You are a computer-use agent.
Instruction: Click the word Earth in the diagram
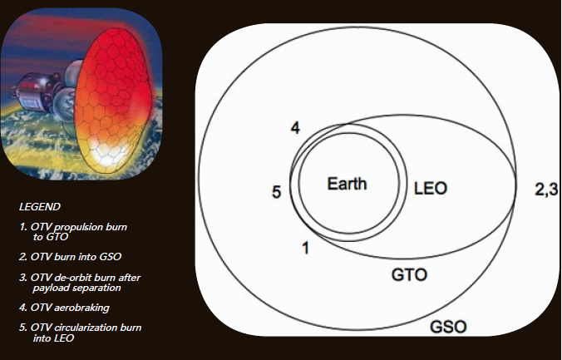[x=347, y=184]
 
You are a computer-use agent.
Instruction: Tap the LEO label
[x=431, y=188]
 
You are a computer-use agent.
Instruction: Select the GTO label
[x=409, y=275]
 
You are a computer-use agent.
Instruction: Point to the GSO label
[x=448, y=327]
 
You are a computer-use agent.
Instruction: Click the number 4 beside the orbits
[x=295, y=128]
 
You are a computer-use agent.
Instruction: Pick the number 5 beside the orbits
[x=276, y=192]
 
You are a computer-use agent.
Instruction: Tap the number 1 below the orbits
[x=305, y=248]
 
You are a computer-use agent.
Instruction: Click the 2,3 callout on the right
[x=546, y=190]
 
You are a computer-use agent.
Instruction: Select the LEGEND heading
[x=39, y=207]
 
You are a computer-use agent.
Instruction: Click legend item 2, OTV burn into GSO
[x=70, y=257]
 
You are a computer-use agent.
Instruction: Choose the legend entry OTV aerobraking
[x=65, y=308]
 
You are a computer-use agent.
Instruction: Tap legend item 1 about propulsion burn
[x=73, y=232]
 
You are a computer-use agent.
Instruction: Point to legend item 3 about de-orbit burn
[x=80, y=283]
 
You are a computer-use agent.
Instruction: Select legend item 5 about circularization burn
[x=81, y=333]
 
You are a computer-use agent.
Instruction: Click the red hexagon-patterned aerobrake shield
[x=113, y=101]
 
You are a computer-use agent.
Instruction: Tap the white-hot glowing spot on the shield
[x=106, y=154]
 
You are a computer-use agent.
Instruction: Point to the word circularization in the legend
[x=86, y=328]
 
